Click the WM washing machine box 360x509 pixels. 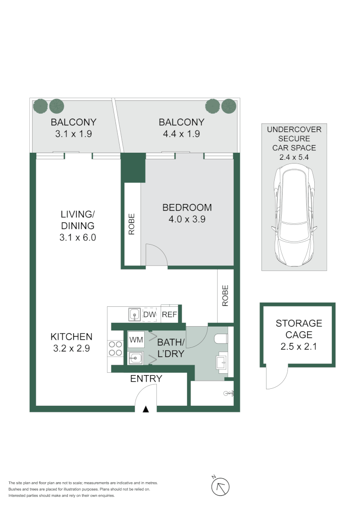click(136, 339)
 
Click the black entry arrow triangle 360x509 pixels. click(146, 409)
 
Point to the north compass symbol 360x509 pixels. click(220, 485)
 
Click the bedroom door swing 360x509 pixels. click(156, 255)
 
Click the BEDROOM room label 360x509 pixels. click(187, 207)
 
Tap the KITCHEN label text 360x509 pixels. click(72, 337)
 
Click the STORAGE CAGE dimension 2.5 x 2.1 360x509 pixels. click(299, 346)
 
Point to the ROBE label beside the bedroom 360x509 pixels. click(131, 224)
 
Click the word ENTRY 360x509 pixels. click(146, 378)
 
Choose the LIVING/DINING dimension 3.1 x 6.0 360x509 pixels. click(78, 238)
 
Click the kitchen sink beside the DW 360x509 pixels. click(134, 314)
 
